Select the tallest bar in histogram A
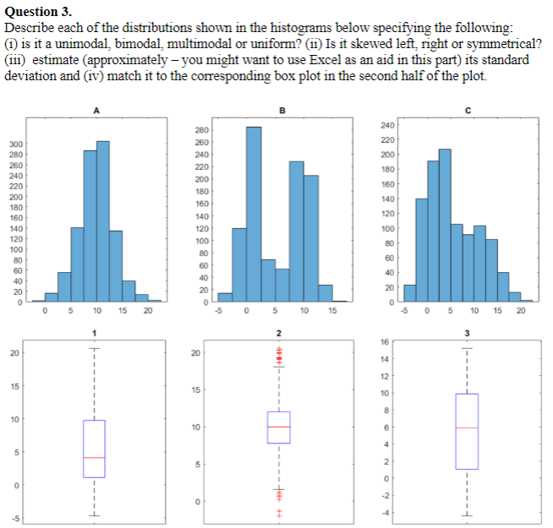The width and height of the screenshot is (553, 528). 103,220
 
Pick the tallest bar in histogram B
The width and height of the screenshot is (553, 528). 254,214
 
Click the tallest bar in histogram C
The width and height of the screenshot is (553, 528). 445,225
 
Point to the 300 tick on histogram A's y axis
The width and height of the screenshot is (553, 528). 16,144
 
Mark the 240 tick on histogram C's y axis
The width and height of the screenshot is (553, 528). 387,125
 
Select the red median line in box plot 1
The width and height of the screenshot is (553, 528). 94,458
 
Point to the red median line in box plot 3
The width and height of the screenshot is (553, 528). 466,428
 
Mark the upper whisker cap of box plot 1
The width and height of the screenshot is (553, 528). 94,348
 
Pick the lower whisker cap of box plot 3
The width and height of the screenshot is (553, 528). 466,516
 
